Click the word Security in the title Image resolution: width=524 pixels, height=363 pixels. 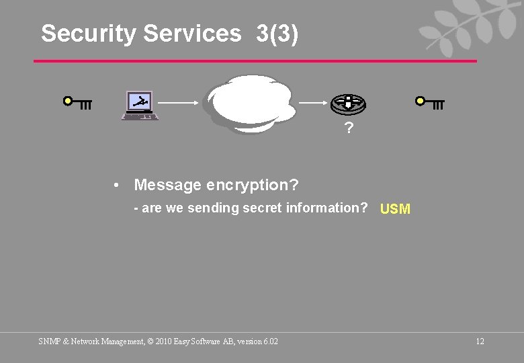coord(88,34)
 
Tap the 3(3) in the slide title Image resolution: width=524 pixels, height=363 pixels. coord(277,34)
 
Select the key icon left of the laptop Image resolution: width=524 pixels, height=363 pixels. coord(77,104)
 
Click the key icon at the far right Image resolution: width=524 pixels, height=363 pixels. coord(430,104)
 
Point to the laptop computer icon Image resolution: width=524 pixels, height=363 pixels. coord(140,106)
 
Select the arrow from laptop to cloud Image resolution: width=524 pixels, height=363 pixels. coord(179,103)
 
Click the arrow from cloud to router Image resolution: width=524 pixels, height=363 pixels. coord(313,103)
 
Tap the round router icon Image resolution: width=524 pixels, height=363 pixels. coord(348,104)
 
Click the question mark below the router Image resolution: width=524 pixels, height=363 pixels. coord(348,128)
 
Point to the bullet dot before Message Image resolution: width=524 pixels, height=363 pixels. coord(117,185)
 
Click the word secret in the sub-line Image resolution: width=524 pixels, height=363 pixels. coord(263,208)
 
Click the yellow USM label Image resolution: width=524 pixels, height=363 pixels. coord(395,209)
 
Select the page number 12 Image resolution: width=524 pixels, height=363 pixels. coord(480,341)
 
